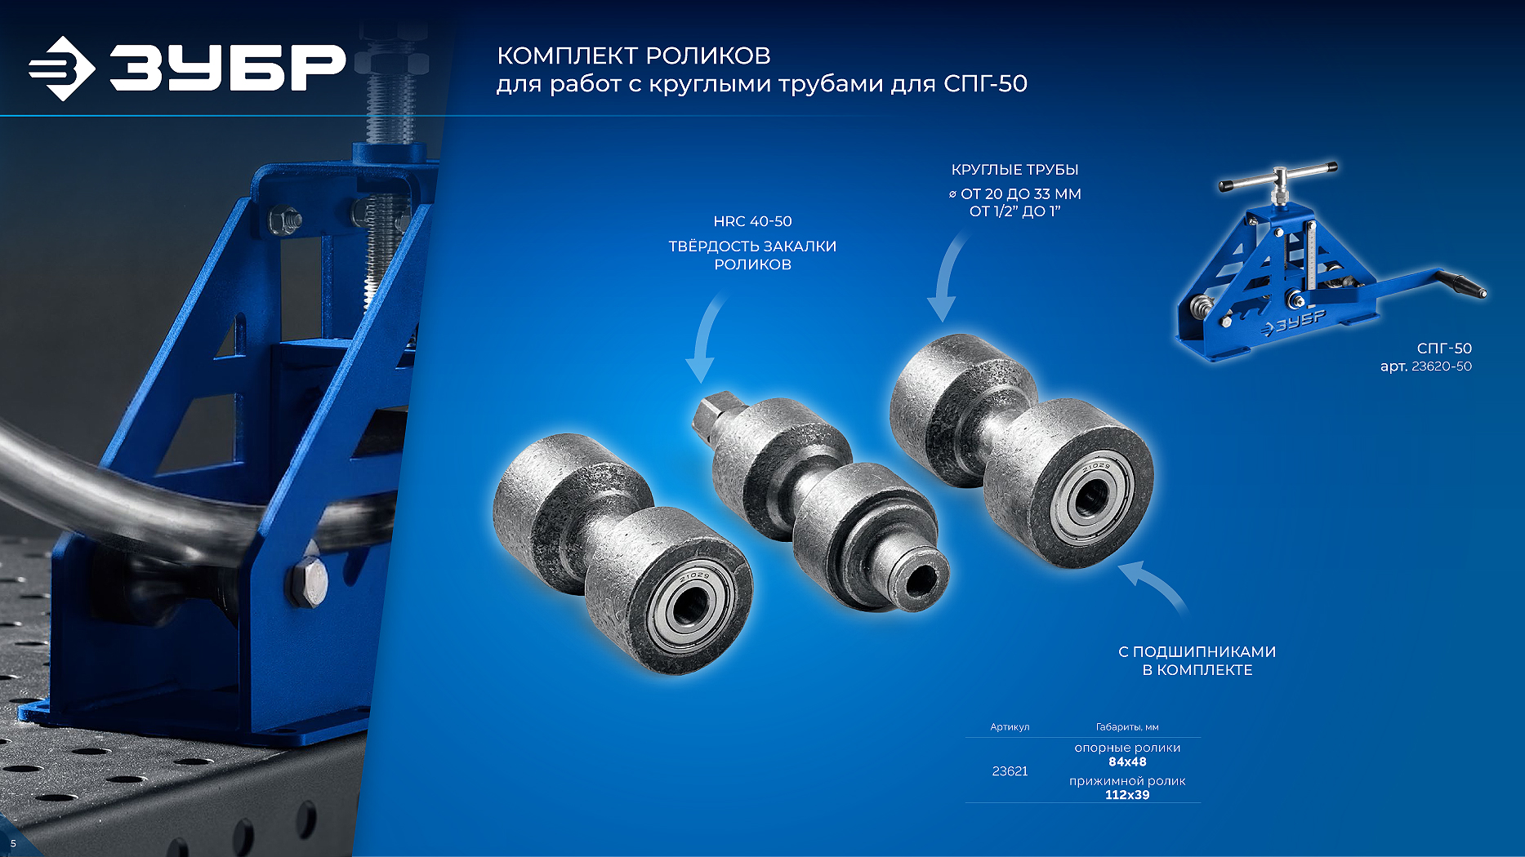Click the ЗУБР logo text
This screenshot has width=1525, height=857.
(x=228, y=67)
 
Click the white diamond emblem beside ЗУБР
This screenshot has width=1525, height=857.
(x=62, y=69)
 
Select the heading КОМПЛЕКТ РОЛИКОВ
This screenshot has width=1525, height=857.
(x=634, y=56)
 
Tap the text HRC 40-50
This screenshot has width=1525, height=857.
(x=752, y=221)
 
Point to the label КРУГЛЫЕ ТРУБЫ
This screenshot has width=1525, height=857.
(x=1014, y=170)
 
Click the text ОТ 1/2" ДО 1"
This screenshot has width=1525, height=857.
(x=1014, y=211)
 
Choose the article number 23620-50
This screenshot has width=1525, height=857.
(x=1442, y=366)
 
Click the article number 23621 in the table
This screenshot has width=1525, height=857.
(x=1010, y=771)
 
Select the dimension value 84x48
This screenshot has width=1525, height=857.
(x=1127, y=762)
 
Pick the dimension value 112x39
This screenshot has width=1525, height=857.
(x=1127, y=795)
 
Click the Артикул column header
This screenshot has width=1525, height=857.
(x=1010, y=726)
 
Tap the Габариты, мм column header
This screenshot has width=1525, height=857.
(x=1127, y=726)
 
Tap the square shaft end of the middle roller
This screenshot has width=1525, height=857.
(x=711, y=415)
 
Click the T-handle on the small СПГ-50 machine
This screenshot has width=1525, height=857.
(x=1278, y=175)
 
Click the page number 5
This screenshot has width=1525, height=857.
(x=13, y=843)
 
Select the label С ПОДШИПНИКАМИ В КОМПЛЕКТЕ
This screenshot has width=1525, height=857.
(x=1197, y=661)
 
